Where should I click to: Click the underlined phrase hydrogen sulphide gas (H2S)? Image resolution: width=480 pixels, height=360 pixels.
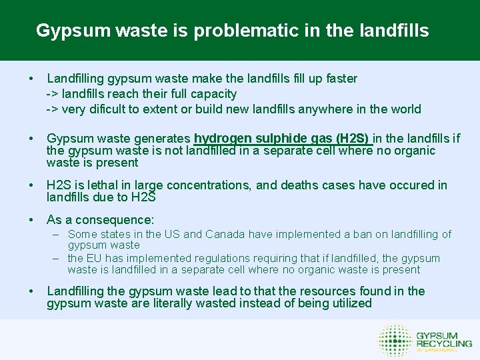pyautogui.click(x=282, y=139)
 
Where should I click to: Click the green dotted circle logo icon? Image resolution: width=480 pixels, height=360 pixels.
pyautogui.click(x=395, y=340)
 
